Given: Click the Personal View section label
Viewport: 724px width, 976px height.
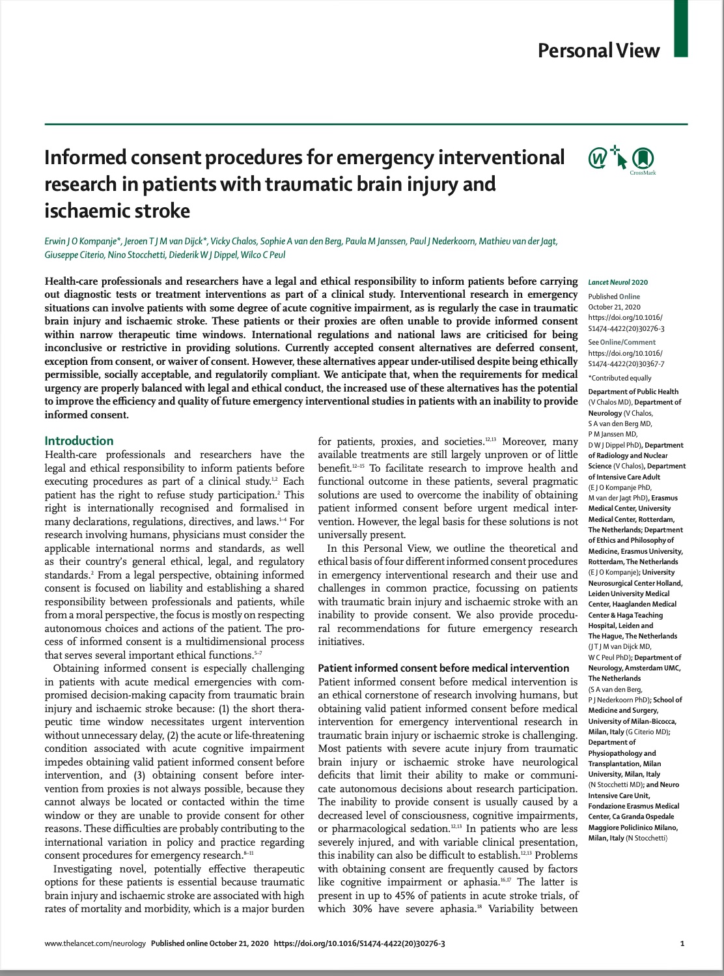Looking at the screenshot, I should point(598,51).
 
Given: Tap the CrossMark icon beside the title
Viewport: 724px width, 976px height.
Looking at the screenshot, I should point(643,158).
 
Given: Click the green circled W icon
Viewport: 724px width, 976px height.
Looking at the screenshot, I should point(597,158).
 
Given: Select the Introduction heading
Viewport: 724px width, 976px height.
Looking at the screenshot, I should point(79,440).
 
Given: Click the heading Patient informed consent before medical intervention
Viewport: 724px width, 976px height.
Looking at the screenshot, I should point(443,668).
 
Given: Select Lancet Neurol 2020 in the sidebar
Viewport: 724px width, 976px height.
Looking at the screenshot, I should point(618,282).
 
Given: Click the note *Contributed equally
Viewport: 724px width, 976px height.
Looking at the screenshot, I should point(619,378).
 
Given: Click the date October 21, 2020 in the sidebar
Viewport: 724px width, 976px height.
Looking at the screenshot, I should point(614,307).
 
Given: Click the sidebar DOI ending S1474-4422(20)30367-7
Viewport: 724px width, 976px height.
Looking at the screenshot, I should point(626,364).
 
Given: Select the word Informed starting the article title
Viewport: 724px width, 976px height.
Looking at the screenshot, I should point(87,158).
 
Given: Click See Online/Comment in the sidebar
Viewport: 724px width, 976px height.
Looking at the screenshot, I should point(622,342).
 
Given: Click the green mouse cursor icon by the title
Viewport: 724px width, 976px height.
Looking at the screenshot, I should point(620,158).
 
